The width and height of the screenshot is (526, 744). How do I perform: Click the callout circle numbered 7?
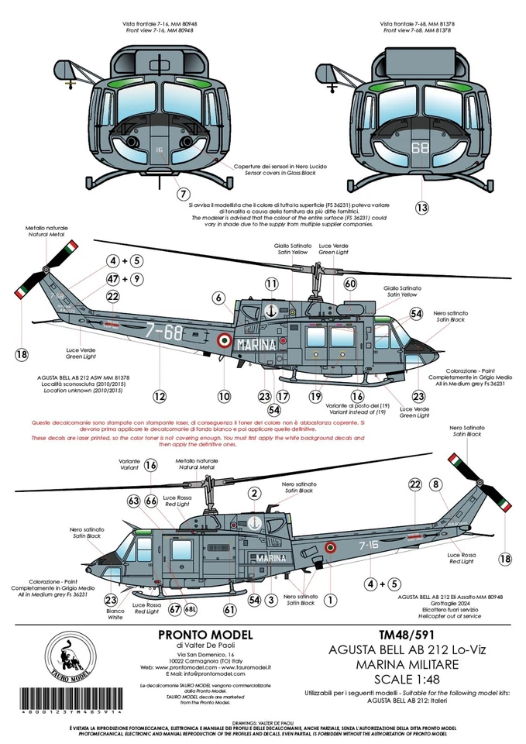pos(183,194)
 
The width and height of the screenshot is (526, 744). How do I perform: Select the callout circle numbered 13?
pos(421,207)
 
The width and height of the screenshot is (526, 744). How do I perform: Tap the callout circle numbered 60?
pos(350,284)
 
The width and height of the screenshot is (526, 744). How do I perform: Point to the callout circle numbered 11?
pos(271,284)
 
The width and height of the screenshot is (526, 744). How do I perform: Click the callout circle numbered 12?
pos(159,395)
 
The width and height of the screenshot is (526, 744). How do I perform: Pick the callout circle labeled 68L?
pos(191,610)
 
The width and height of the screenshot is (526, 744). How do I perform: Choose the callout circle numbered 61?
pos(229,610)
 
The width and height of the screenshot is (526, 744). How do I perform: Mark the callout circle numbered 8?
pos(436,484)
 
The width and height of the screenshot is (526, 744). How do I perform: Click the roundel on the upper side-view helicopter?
pos(224,339)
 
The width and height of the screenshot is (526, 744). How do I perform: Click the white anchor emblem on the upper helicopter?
pos(271,311)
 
